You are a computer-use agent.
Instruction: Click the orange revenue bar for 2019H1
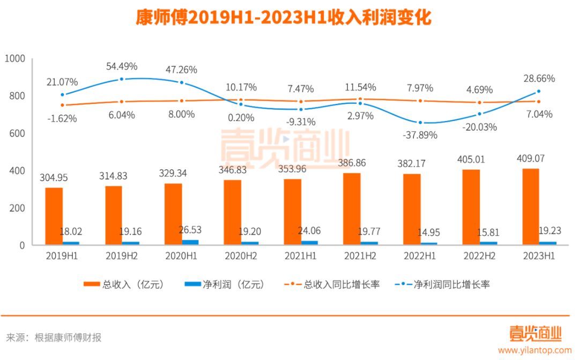(54, 216)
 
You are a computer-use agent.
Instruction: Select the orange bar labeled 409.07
(531, 207)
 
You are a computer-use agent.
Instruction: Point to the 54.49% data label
(122, 66)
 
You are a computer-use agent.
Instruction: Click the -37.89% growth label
(419, 135)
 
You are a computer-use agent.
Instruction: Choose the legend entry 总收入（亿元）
(123, 284)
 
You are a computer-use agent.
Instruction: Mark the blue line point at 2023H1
(539, 92)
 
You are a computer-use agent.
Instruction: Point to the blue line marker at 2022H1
(420, 123)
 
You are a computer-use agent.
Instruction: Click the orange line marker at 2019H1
(62, 105)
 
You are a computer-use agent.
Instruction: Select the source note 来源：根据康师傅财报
(54, 337)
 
